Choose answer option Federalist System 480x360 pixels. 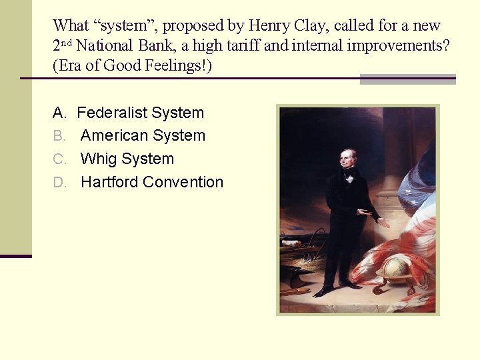tap(140, 113)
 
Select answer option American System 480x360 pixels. tap(143, 135)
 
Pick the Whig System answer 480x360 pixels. tap(127, 159)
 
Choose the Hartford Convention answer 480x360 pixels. tap(152, 182)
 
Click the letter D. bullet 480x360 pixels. tap(59, 182)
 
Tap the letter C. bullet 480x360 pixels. tap(59, 159)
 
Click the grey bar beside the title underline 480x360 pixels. tap(407, 79)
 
